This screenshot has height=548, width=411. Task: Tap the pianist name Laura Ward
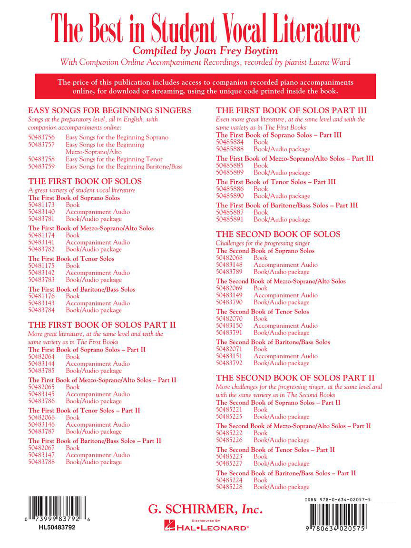pyautogui.click(x=332, y=62)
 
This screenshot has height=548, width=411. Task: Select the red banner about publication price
pyautogui.click(x=205, y=86)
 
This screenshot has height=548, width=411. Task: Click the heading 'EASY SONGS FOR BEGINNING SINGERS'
pyautogui.click(x=110, y=110)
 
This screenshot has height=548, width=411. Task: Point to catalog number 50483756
pyautogui.click(x=41, y=137)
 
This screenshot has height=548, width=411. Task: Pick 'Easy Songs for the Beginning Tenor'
pyautogui.click(x=114, y=159)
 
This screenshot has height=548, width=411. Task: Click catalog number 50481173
pyautogui.click(x=41, y=205)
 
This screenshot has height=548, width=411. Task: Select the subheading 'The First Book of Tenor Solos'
pyautogui.click(x=71, y=259)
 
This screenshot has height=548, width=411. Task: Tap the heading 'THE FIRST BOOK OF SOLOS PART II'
pyautogui.click(x=102, y=325)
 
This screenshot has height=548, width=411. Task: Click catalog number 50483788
pyautogui.click(x=41, y=462)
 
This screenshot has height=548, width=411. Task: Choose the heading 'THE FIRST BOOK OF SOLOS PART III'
pyautogui.click(x=292, y=110)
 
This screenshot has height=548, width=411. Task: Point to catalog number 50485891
pyautogui.click(x=229, y=219)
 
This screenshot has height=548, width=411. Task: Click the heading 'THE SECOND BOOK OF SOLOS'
pyautogui.click(x=278, y=234)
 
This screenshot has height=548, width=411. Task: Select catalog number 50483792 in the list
pyautogui.click(x=229, y=363)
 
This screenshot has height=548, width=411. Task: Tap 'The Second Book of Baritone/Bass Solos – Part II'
pyautogui.click(x=286, y=473)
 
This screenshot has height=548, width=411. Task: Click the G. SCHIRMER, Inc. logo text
pyautogui.click(x=205, y=509)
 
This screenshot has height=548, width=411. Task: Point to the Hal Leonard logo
pyautogui.click(x=205, y=527)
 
